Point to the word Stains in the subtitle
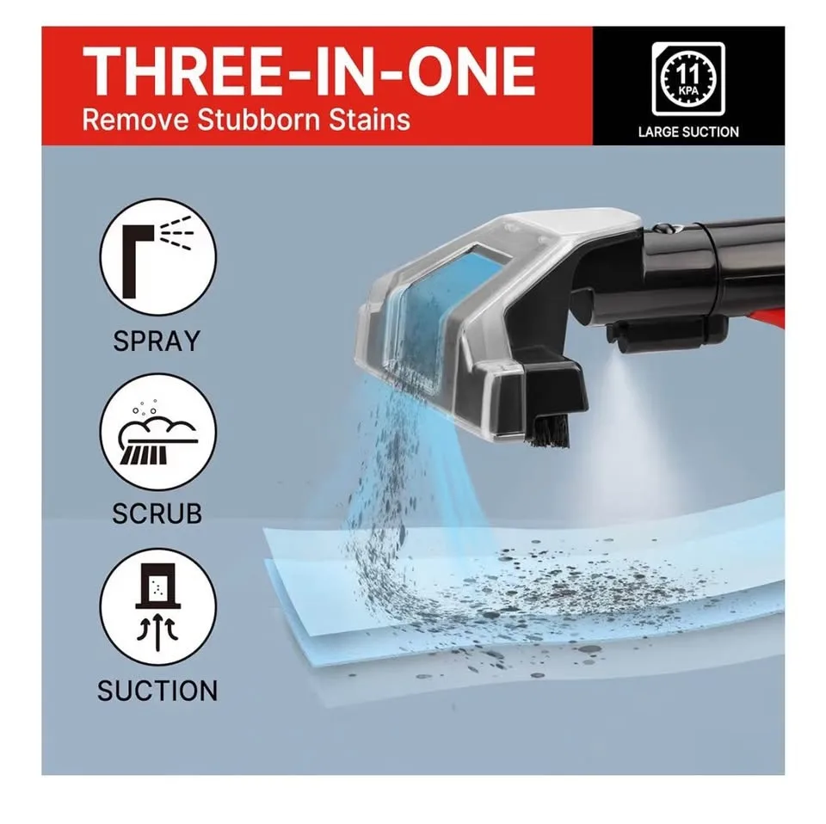tap(370, 120)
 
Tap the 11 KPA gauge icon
tap(688, 79)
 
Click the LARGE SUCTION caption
tap(688, 132)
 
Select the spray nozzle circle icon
tap(158, 257)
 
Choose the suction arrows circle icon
tap(158, 608)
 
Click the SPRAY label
tap(157, 341)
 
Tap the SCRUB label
tap(157, 513)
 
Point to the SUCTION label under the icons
tap(157, 691)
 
